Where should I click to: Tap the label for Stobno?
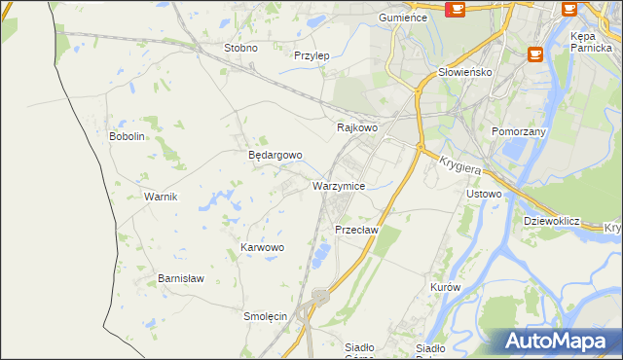240,48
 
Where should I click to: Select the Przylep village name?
311,55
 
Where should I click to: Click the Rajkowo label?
356,127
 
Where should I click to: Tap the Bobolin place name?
127,136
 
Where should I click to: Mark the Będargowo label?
275,155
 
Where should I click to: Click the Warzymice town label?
339,185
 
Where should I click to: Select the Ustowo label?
484,194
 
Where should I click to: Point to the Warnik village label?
161,197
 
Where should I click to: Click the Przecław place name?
355,230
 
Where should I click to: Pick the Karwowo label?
262,248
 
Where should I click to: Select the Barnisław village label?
181,278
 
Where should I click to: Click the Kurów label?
444,288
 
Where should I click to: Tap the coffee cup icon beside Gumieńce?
455,10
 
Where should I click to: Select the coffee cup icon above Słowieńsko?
534,54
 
